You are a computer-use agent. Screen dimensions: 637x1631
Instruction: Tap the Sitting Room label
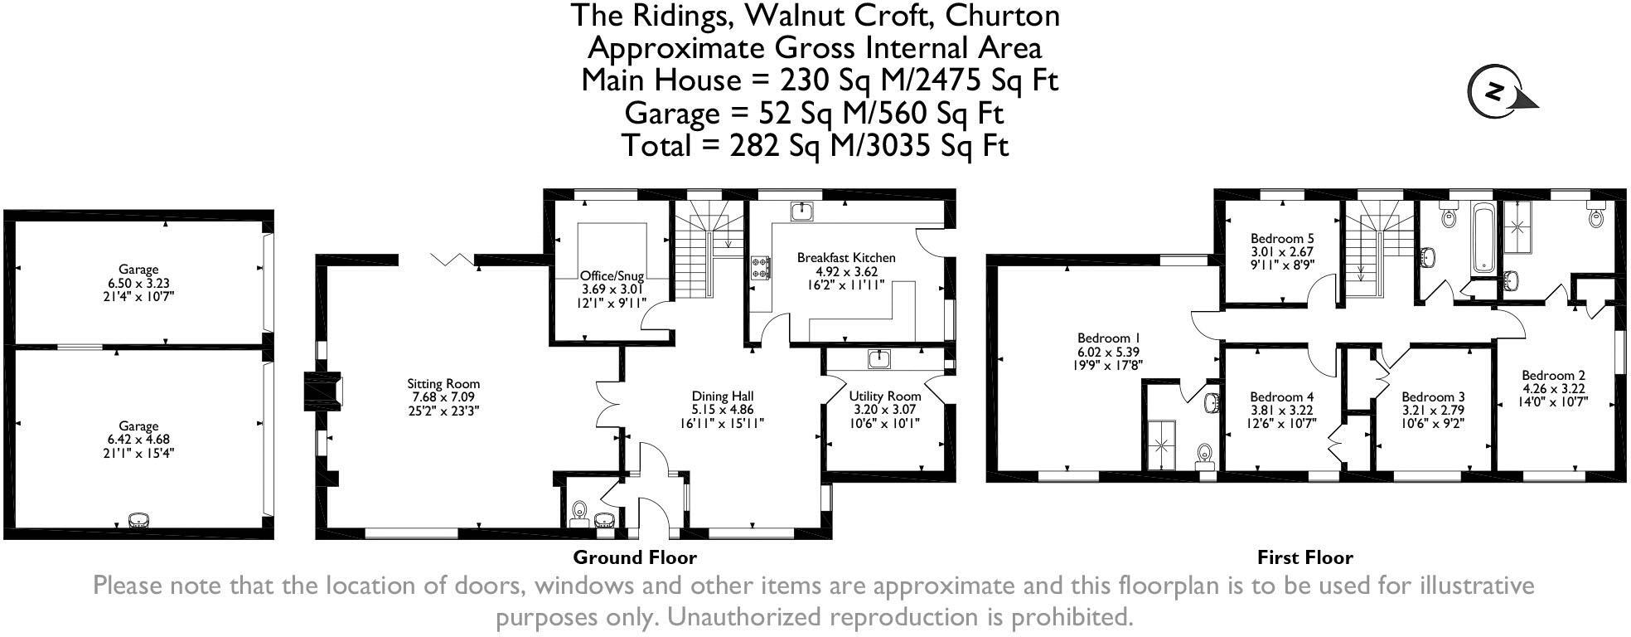(x=443, y=384)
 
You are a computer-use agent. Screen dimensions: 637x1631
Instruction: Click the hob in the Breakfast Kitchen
(x=760, y=267)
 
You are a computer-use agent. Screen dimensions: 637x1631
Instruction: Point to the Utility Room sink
(x=878, y=358)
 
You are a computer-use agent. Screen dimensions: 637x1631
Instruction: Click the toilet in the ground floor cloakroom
(x=580, y=510)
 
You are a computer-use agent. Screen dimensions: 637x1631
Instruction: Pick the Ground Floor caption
(x=635, y=557)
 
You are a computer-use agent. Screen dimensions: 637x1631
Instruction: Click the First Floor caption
(x=1304, y=557)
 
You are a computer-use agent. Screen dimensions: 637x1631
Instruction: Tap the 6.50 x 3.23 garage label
(x=138, y=283)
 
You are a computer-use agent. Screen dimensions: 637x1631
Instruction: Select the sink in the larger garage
(x=138, y=520)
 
